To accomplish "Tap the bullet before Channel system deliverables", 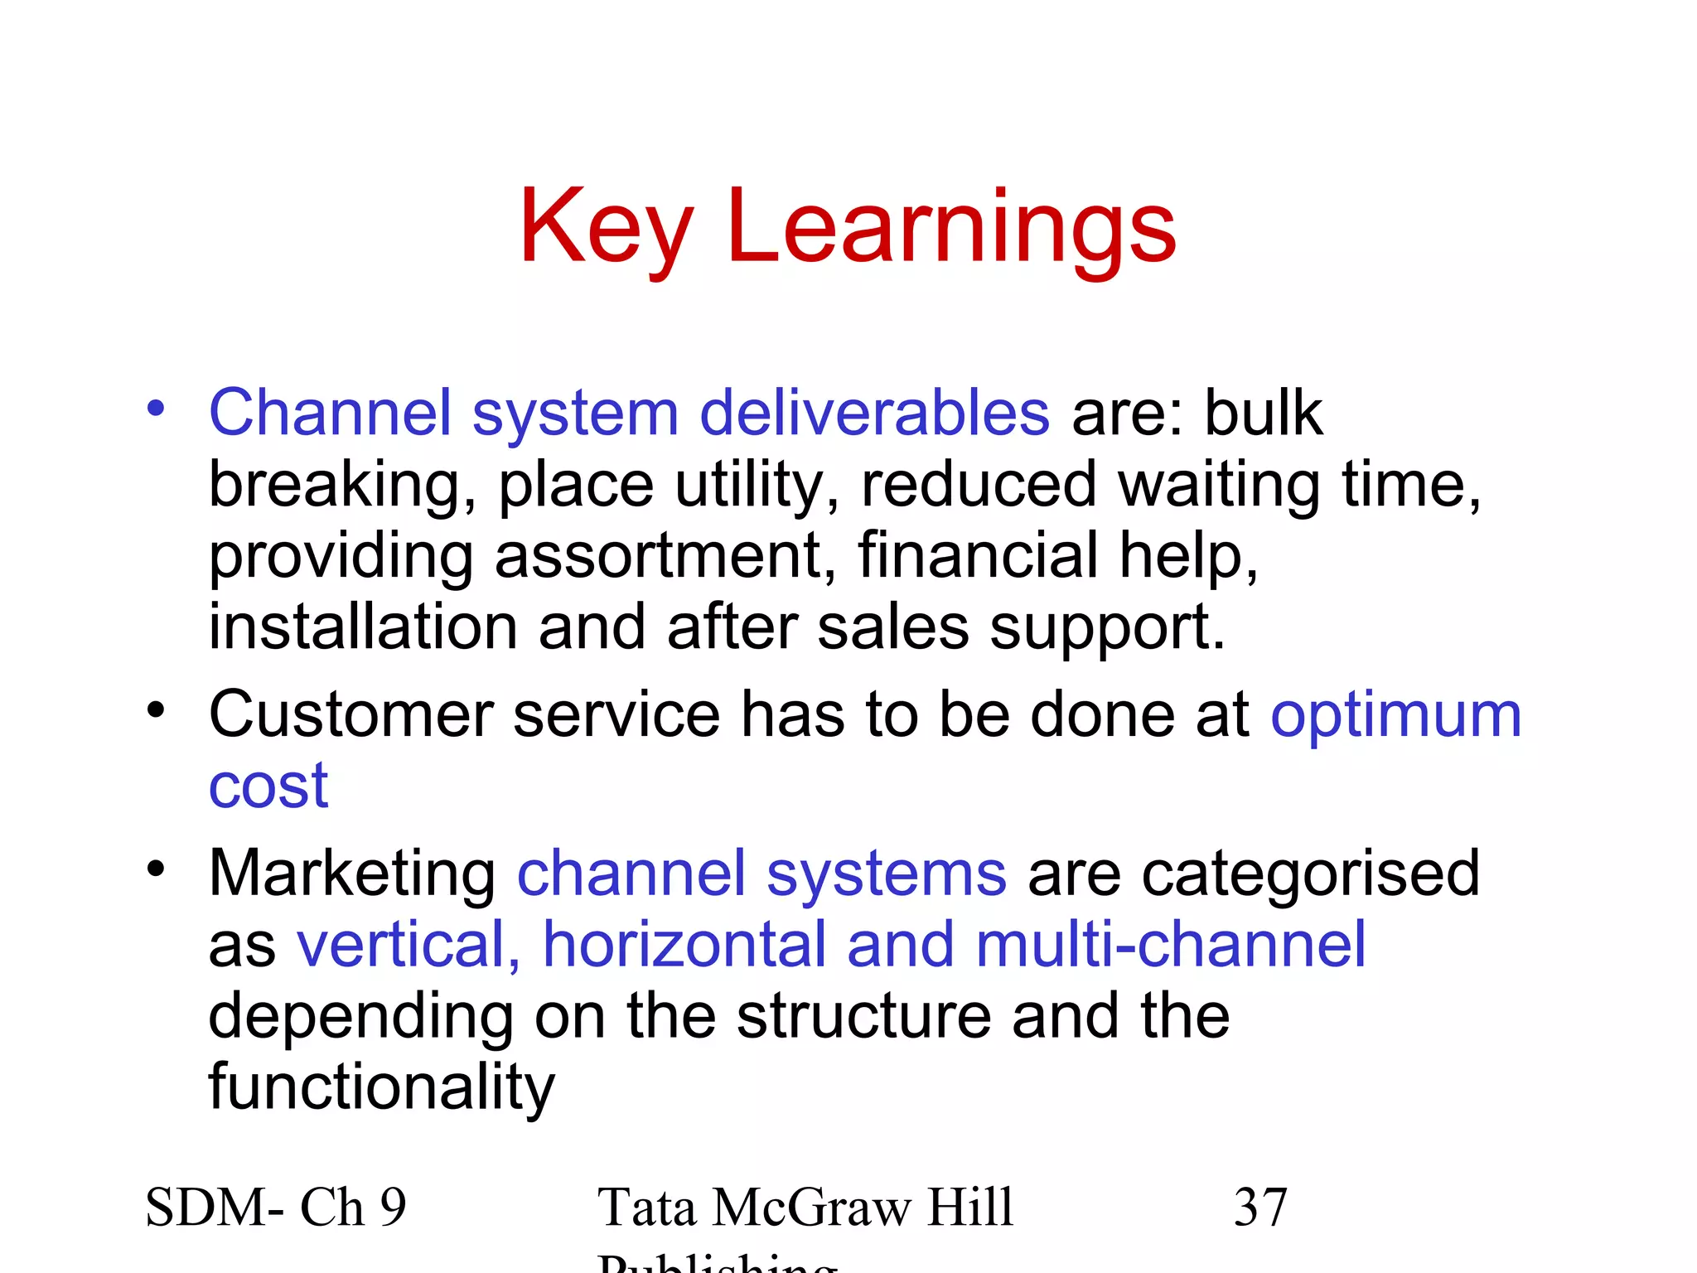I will pos(156,409).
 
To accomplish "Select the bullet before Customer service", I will pos(156,710).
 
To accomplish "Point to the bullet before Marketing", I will pos(156,869).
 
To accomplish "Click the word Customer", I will pos(351,714).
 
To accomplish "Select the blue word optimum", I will pos(1396,716).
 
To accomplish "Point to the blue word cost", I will pos(268,786).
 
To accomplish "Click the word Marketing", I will pos(352,875).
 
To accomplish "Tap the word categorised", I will pos(1311,874).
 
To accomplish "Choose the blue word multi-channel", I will pos(1170,945).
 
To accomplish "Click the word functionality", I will pos(381,1087).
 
